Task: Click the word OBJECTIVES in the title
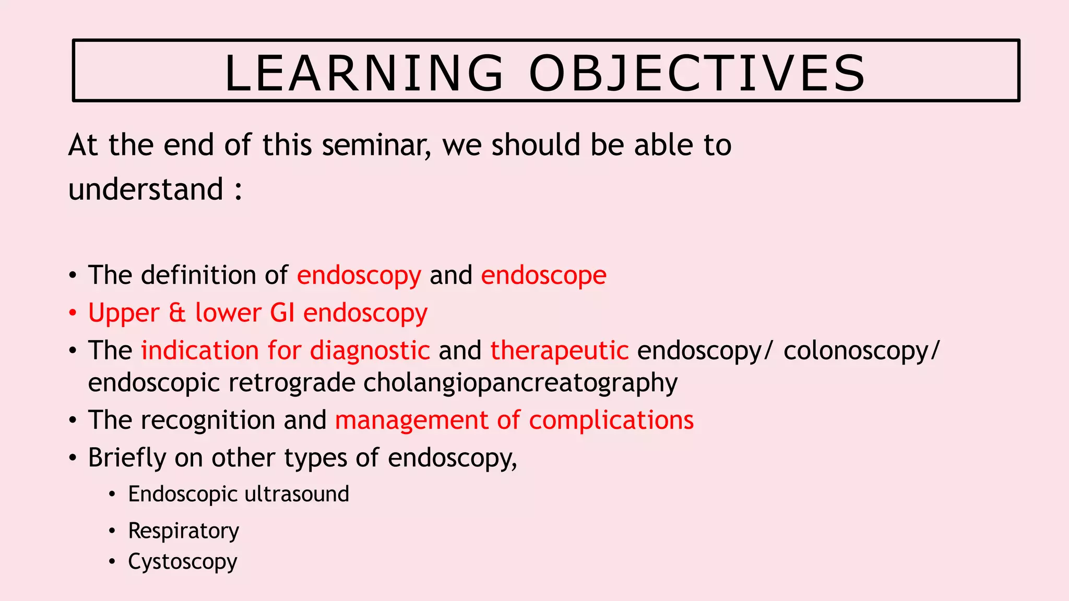coord(697,74)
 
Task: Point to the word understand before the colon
coord(146,189)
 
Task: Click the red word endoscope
coord(543,275)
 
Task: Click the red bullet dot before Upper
coord(73,314)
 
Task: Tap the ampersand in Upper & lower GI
coord(177,313)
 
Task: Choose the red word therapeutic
coord(559,350)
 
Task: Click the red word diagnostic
coord(370,350)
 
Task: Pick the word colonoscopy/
coord(861,350)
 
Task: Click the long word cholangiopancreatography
coord(520,383)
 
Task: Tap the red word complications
coord(611,420)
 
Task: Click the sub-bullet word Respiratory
coord(183,531)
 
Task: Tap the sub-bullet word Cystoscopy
coord(182,562)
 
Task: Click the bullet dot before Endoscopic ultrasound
coord(112,495)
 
